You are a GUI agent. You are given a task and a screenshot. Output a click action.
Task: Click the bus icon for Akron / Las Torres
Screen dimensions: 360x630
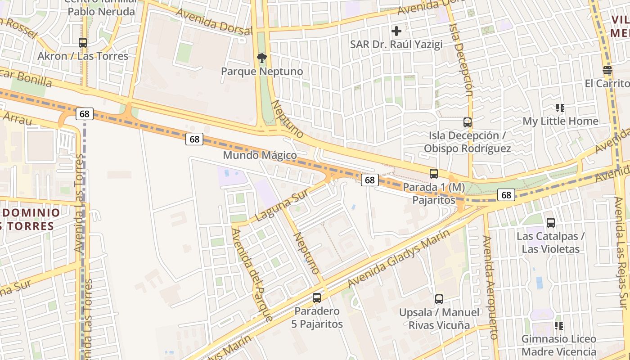coord(83,43)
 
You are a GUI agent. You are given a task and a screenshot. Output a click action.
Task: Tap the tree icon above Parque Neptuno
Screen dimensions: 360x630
coord(261,58)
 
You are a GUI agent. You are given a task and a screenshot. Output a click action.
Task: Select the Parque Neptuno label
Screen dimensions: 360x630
coord(262,72)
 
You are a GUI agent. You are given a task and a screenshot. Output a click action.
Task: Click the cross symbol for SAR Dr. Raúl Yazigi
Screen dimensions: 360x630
coord(396,31)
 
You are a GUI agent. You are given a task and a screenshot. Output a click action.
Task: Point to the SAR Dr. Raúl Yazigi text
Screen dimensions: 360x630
coord(396,45)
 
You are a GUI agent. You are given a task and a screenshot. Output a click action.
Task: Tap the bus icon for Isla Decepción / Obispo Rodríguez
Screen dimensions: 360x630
coord(468,122)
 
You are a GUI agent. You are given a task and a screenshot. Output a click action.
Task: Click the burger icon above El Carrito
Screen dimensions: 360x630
coord(607,70)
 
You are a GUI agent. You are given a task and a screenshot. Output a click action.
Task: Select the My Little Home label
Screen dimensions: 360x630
coord(560,121)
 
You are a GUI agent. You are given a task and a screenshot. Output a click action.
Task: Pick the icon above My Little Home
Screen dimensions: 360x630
coord(560,108)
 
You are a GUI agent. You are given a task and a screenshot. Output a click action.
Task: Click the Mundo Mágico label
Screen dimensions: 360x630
coord(260,156)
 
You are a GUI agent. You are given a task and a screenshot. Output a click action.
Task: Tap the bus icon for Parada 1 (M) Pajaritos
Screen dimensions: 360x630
coord(434,173)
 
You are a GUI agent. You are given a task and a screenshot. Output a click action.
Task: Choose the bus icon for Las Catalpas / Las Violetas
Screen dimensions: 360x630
coord(551,222)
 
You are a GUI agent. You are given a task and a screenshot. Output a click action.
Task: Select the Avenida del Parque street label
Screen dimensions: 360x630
coord(252,274)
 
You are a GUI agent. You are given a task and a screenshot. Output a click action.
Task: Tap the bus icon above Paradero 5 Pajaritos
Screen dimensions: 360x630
coord(317,297)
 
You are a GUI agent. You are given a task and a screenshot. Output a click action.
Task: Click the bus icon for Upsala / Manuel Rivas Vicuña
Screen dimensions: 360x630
coord(439,299)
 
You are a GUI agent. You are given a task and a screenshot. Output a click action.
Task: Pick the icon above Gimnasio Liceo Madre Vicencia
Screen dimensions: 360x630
coord(559,325)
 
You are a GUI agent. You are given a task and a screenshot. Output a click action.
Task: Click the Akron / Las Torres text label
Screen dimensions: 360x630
coord(83,56)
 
